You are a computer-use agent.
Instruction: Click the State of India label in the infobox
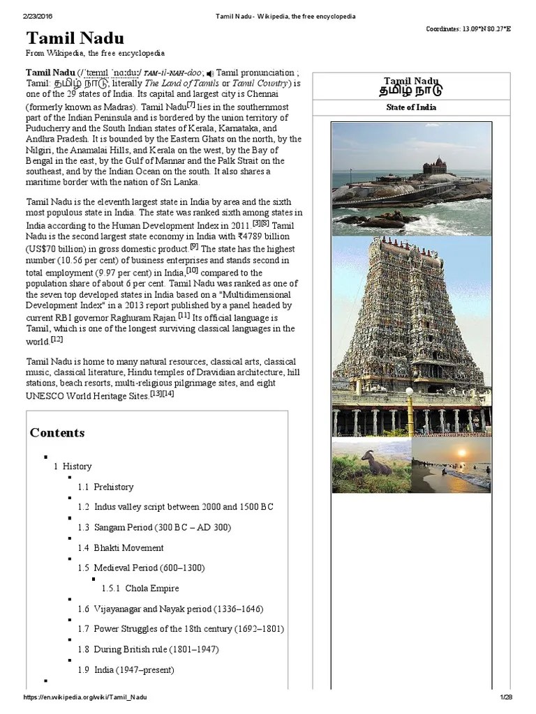(x=410, y=107)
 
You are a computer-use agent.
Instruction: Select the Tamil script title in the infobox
(x=410, y=90)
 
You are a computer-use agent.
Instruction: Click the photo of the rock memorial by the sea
(x=410, y=179)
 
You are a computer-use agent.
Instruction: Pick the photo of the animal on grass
(x=371, y=465)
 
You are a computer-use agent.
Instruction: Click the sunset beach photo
(x=451, y=465)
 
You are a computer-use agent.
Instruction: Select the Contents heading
(x=57, y=432)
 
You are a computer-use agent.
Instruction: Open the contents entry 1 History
(x=73, y=466)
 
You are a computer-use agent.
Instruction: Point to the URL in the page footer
(x=86, y=697)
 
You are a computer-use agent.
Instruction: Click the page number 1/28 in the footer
(x=506, y=697)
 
